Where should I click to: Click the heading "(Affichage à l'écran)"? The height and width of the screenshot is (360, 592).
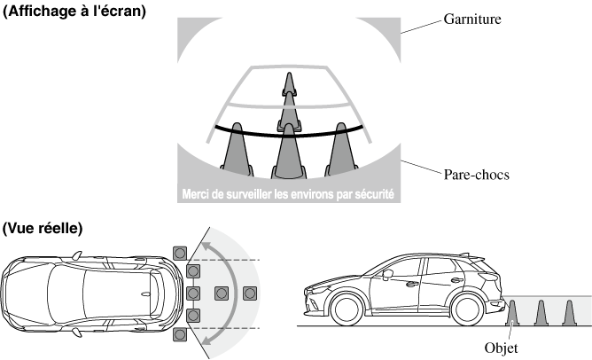pos(74,12)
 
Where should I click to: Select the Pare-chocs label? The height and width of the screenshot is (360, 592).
pos(476,175)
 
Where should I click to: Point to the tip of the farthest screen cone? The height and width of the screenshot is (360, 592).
pos(286,73)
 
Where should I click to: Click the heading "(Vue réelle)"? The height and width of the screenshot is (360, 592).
pos(43,228)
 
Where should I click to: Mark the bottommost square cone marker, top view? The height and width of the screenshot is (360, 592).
pos(181,334)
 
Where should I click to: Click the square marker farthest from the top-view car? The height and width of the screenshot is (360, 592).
pos(251,293)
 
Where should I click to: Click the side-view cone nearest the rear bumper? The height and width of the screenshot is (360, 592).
pos(515,313)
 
